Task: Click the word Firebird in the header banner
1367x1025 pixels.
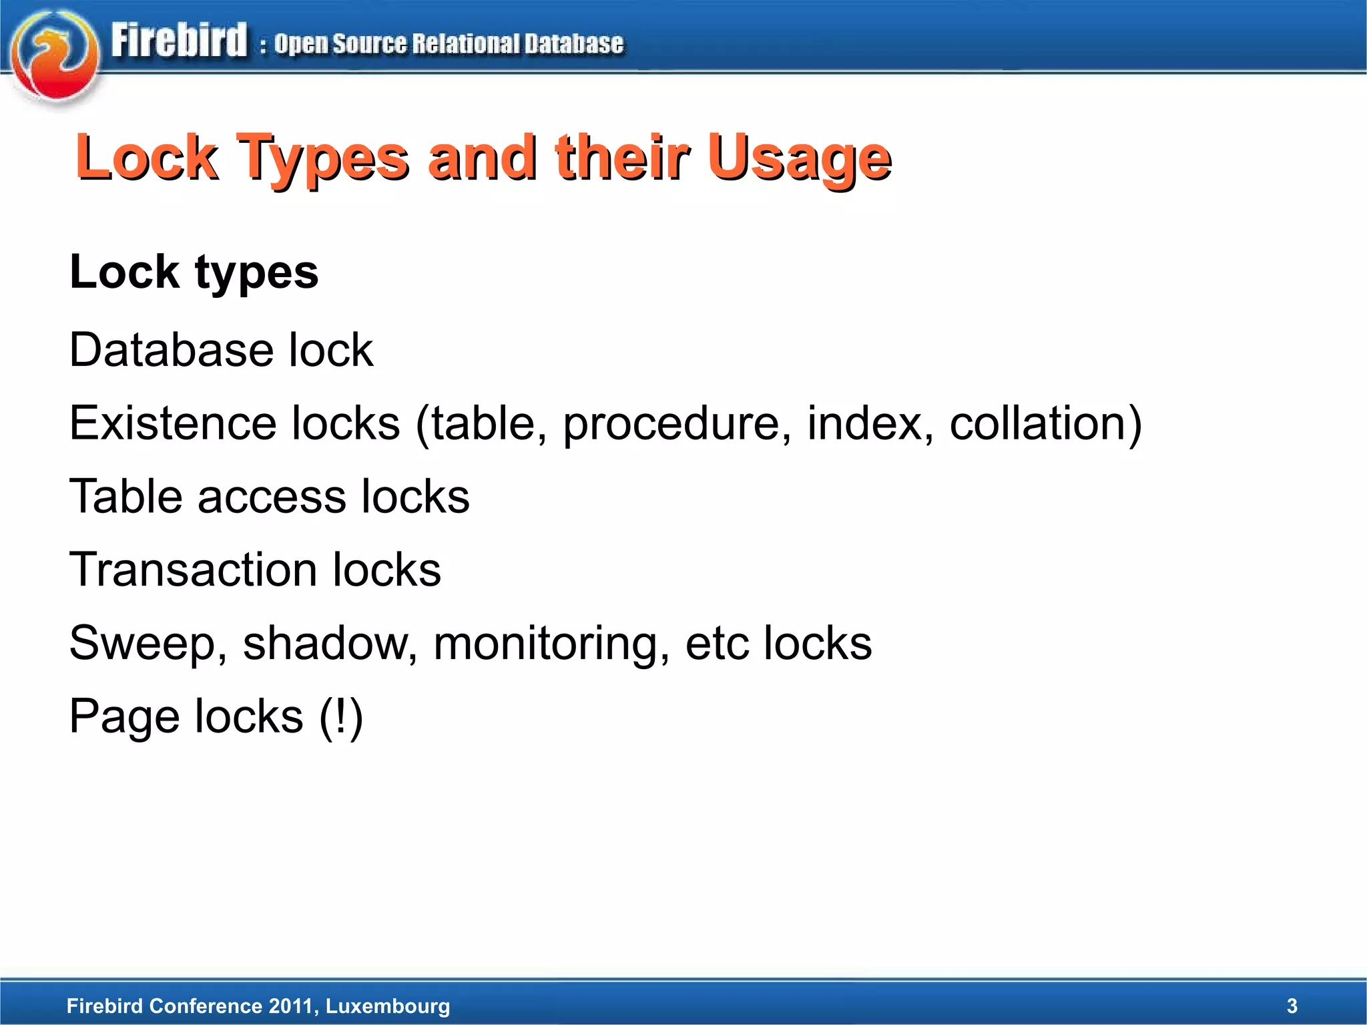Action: [179, 41]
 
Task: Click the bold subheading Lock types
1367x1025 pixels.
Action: [194, 272]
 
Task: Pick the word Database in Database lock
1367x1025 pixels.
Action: [171, 350]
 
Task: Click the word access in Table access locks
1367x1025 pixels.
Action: [272, 497]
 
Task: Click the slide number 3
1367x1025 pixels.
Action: [1292, 1006]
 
